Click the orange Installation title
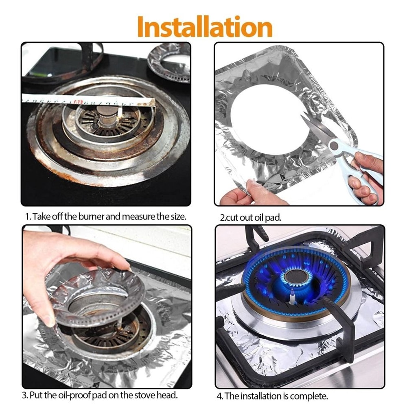click(204, 27)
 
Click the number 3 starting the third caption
click(24, 395)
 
